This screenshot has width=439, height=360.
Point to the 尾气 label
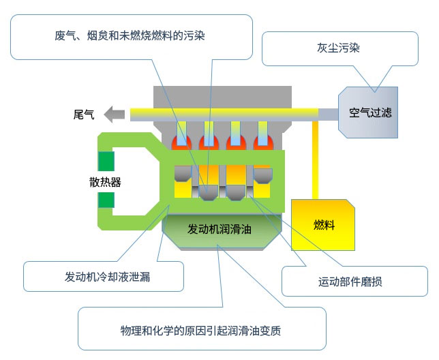point(84,114)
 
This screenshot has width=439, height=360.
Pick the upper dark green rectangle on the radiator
point(106,161)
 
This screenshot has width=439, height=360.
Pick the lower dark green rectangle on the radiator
point(106,200)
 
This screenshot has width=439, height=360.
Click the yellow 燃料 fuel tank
point(323,225)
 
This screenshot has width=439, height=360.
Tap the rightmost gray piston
point(263,175)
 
